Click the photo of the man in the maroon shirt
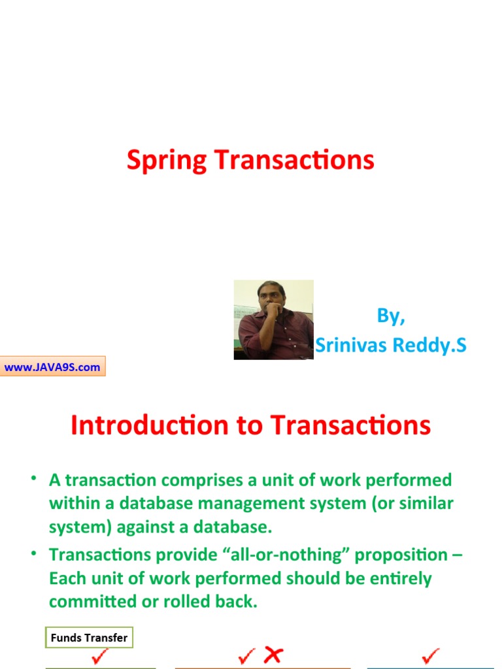[273, 319]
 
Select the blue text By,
[391, 316]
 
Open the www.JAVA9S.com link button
[52, 367]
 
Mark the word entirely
[400, 578]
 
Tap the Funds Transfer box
[89, 638]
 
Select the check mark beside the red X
[247, 657]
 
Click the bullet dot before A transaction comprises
[33, 480]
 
